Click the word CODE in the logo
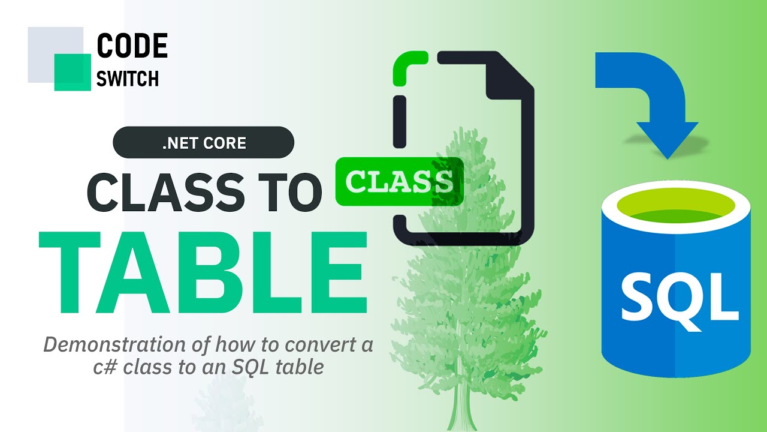(x=132, y=45)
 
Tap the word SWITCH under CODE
(x=128, y=79)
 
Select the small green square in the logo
(x=73, y=73)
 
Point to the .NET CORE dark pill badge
(x=203, y=142)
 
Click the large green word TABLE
(x=203, y=272)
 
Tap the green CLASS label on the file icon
(x=399, y=181)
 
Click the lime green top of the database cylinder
(x=676, y=208)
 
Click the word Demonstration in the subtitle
(x=114, y=344)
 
